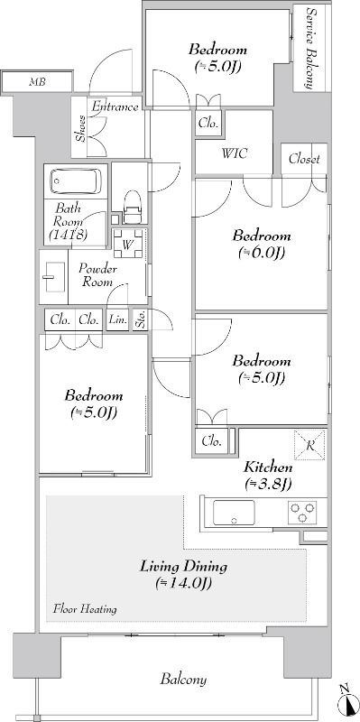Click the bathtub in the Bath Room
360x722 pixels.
tap(76, 181)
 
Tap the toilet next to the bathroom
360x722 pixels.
tap(132, 208)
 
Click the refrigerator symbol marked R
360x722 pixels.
tap(309, 445)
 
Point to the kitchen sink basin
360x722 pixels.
tap(234, 512)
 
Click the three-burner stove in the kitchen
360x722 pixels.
tap(302, 512)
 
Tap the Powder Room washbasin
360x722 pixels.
tap(53, 276)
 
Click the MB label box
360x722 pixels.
tap(37, 83)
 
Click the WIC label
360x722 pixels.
tap(234, 153)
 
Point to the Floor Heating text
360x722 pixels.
tap(85, 609)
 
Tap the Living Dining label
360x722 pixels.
tap(184, 566)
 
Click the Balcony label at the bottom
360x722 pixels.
tap(183, 680)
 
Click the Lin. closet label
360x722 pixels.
tap(118, 320)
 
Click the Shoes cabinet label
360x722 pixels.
tap(80, 128)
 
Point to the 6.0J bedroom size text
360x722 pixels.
tap(262, 253)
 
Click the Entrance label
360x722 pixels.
tap(115, 107)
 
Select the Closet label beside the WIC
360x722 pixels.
tap(304, 160)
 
